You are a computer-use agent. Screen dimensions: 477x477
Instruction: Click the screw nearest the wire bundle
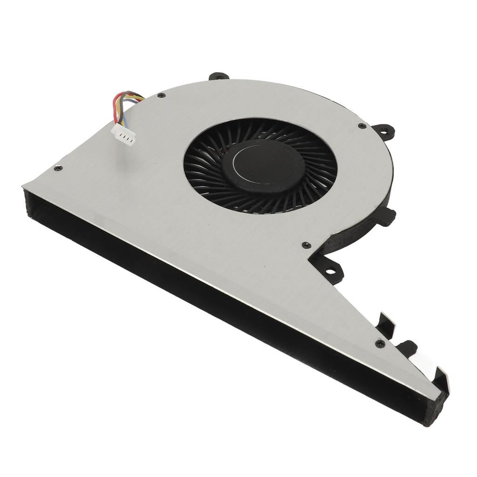click(x=161, y=95)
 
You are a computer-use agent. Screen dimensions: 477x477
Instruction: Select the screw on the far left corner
click(x=58, y=168)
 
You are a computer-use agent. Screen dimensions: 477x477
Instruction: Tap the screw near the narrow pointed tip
click(x=379, y=344)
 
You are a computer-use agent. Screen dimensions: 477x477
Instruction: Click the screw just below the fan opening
click(x=306, y=245)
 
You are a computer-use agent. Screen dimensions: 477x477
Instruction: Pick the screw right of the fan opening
click(x=362, y=126)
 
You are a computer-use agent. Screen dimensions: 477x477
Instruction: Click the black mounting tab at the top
click(x=218, y=75)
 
